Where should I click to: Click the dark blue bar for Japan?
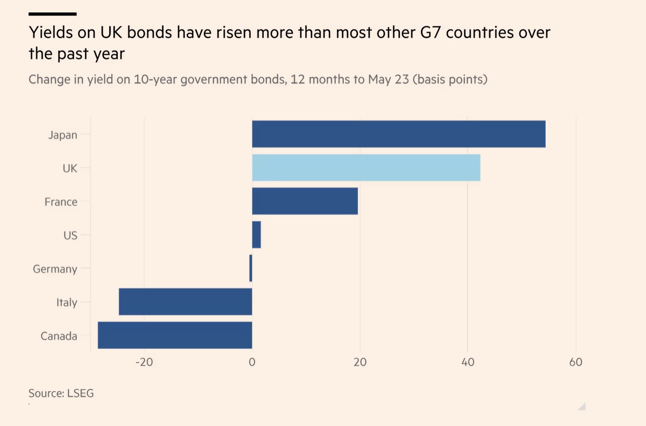(398, 134)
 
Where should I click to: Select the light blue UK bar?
(366, 168)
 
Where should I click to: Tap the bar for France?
(305, 202)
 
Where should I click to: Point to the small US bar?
(256, 235)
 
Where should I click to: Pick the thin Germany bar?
(251, 269)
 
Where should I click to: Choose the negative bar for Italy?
(185, 302)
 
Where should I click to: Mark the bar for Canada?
(175, 336)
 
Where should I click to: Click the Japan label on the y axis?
(62, 135)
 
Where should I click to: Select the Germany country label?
(55, 269)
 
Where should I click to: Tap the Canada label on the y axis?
(59, 336)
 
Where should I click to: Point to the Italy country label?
(66, 302)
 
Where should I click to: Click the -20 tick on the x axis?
(144, 362)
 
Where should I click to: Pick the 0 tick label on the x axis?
(252, 362)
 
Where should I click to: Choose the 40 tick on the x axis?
(468, 362)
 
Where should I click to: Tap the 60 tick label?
(576, 362)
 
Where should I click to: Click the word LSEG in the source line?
(80, 393)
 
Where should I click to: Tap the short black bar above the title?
(52, 14)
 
